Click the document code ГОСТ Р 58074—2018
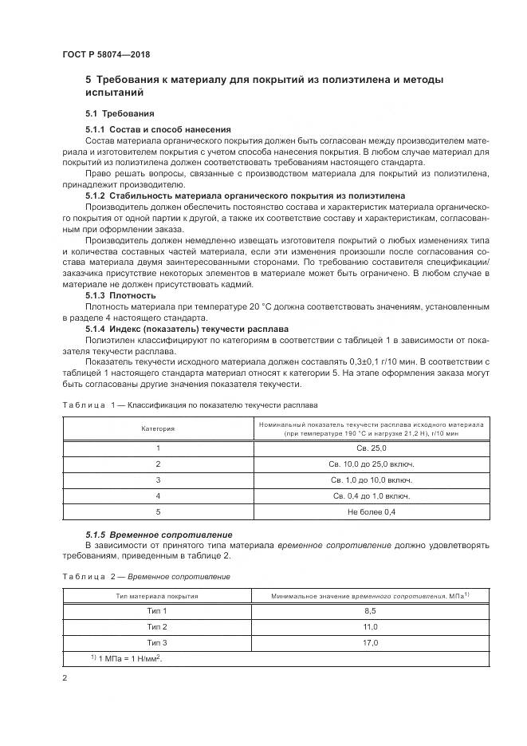(106, 54)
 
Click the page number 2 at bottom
(65, 678)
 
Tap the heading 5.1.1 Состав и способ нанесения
(158, 129)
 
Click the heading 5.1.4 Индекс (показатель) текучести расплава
(187, 329)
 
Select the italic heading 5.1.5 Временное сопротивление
(159, 534)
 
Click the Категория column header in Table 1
(158, 428)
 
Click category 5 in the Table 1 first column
(158, 511)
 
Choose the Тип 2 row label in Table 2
(158, 626)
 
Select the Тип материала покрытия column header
(158, 595)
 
